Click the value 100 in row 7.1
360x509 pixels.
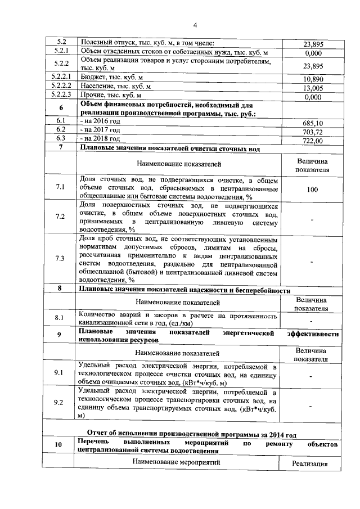pyautogui.click(x=312, y=190)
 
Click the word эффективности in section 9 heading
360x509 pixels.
pyautogui.click(x=313, y=334)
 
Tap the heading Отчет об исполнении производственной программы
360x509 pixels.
pyautogui.click(x=186, y=434)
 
